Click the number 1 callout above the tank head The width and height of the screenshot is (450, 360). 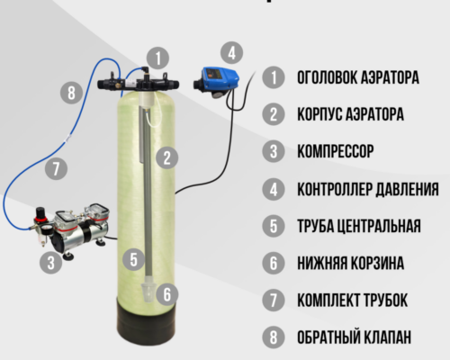pyautogui.click(x=157, y=58)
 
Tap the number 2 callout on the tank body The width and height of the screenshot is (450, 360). pyautogui.click(x=166, y=157)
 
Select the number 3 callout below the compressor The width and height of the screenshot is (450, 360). pyautogui.click(x=50, y=263)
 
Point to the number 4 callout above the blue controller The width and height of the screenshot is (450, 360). pyautogui.click(x=231, y=53)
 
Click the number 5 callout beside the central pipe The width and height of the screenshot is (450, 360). pyautogui.click(x=133, y=259)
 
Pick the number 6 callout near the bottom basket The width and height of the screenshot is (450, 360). pyautogui.click(x=166, y=293)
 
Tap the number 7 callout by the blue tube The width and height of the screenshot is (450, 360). pyautogui.click(x=56, y=168)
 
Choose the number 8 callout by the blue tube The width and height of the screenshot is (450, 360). pyautogui.click(x=71, y=93)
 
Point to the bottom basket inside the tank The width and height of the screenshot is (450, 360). pyautogui.click(x=149, y=290)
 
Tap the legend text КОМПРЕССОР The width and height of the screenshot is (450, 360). pyautogui.click(x=336, y=151)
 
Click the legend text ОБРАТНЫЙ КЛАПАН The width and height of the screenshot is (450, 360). pyautogui.click(x=354, y=337)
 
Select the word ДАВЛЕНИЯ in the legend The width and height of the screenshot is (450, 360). pyautogui.click(x=408, y=189)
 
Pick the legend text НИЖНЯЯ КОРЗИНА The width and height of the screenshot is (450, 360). pyautogui.click(x=350, y=263)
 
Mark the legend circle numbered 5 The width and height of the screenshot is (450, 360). pyautogui.click(x=274, y=226)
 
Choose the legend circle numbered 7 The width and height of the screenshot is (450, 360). pyautogui.click(x=274, y=300)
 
